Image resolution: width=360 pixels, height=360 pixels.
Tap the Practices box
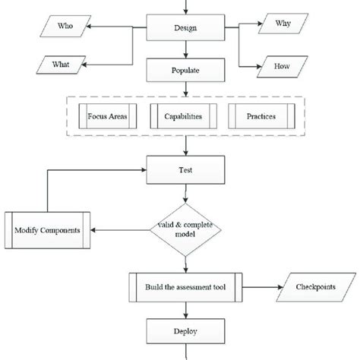[261, 118]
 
